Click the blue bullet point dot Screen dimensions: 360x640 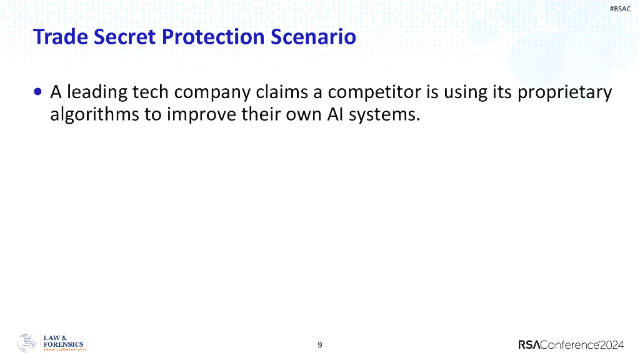tap(39, 92)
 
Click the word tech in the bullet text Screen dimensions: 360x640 tap(149, 92)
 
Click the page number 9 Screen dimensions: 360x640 tap(320, 345)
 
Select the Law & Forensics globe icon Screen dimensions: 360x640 tap(27, 343)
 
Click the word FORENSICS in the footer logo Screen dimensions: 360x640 tap(63, 344)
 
